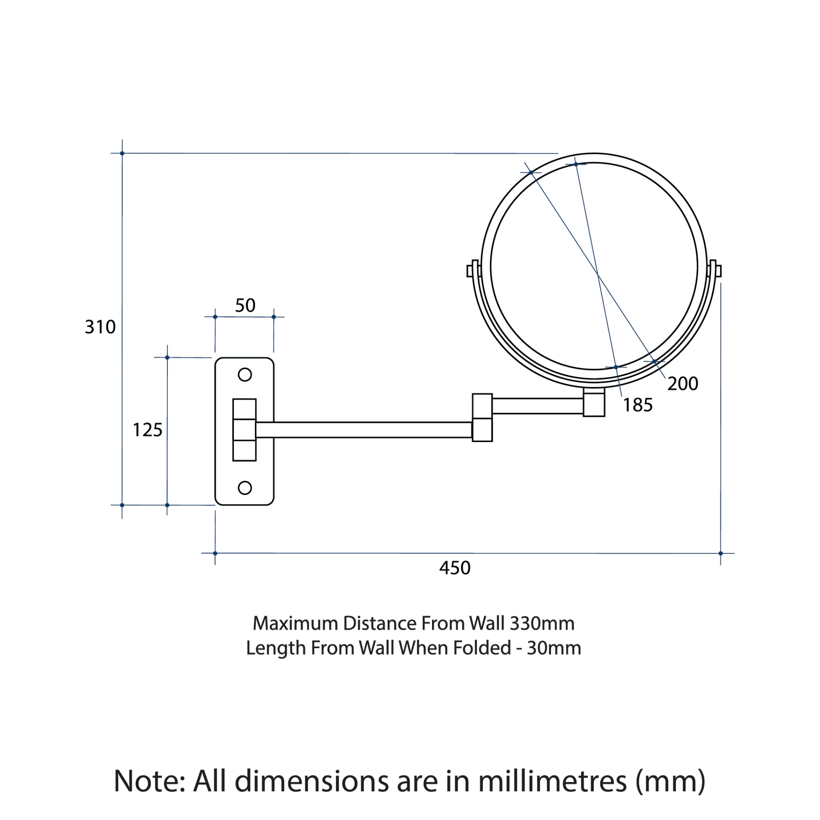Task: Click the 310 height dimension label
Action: pyautogui.click(x=100, y=327)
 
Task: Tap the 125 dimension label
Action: pyautogui.click(x=148, y=430)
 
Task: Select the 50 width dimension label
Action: pyautogui.click(x=245, y=305)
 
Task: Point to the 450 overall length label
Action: pyautogui.click(x=455, y=568)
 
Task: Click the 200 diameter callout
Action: pyautogui.click(x=683, y=384)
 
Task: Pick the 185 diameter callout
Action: pyautogui.click(x=638, y=405)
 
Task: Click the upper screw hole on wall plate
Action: pyautogui.click(x=245, y=375)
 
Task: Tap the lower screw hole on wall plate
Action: pyautogui.click(x=245, y=488)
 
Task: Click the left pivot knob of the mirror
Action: pyautogui.click(x=472, y=270)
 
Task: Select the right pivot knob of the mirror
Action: pyautogui.click(x=715, y=270)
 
